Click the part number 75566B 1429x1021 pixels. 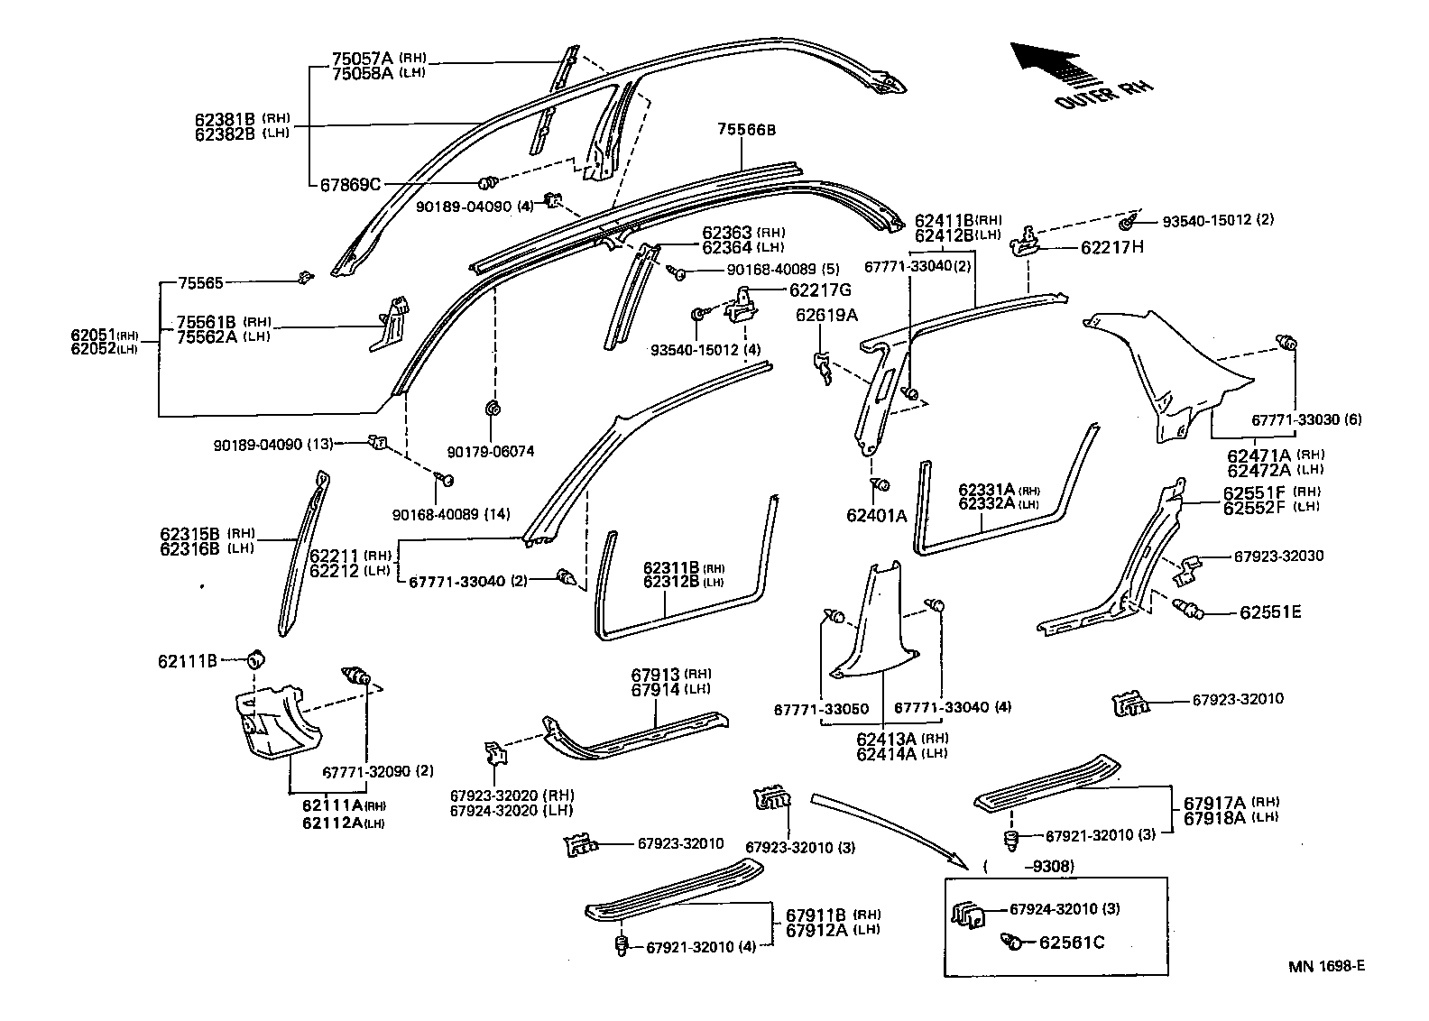click(x=746, y=130)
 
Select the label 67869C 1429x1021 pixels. click(x=350, y=184)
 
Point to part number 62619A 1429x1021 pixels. click(x=826, y=315)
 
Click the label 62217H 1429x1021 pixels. click(x=1112, y=247)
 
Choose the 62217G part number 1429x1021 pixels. click(x=820, y=290)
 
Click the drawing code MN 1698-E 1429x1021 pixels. click(x=1326, y=965)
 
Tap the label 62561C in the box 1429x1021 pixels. click(x=1071, y=942)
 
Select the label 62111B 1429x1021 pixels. click(x=188, y=661)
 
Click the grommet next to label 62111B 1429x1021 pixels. click(x=256, y=658)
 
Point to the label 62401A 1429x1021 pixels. click(x=876, y=515)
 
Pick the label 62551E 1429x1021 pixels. click(x=1270, y=612)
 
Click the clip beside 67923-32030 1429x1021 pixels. click(x=1187, y=569)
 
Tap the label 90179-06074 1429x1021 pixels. click(x=490, y=452)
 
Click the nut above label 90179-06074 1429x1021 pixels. click(x=493, y=408)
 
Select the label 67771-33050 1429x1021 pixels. click(x=821, y=709)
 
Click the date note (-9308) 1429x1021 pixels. click(x=1029, y=866)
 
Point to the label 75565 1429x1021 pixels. click(x=200, y=283)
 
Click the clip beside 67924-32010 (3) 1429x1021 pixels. click(x=967, y=915)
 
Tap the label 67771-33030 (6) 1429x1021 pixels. click(x=1306, y=419)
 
